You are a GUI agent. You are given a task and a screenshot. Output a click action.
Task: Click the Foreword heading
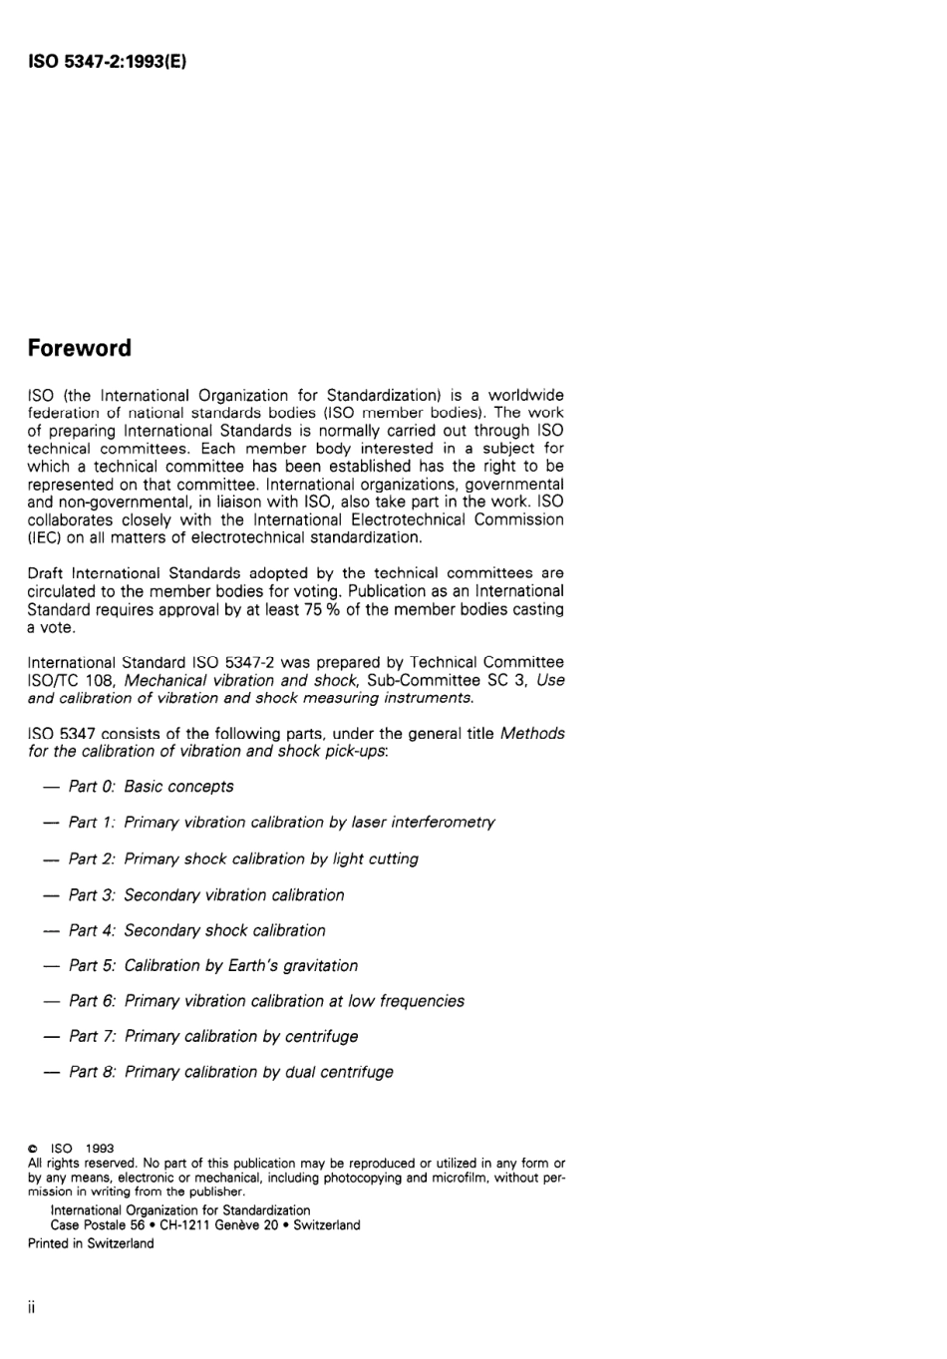pyautogui.click(x=80, y=349)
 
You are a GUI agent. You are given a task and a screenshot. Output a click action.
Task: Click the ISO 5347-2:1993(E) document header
pyautogui.click(x=108, y=62)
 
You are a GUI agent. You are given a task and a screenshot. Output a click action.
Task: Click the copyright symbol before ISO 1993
pyautogui.click(x=33, y=1149)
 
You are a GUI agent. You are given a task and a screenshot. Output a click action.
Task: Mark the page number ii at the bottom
pyautogui.click(x=32, y=1307)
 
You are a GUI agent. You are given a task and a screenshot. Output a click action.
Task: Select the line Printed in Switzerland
pyautogui.click(x=91, y=1243)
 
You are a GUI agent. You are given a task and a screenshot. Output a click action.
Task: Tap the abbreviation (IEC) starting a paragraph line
pyautogui.click(x=44, y=538)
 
